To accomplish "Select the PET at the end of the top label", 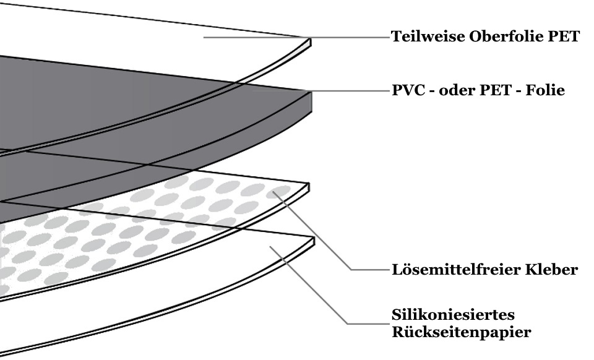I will (x=564, y=36).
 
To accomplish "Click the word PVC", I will (x=408, y=90).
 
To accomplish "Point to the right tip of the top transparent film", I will (x=309, y=43).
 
